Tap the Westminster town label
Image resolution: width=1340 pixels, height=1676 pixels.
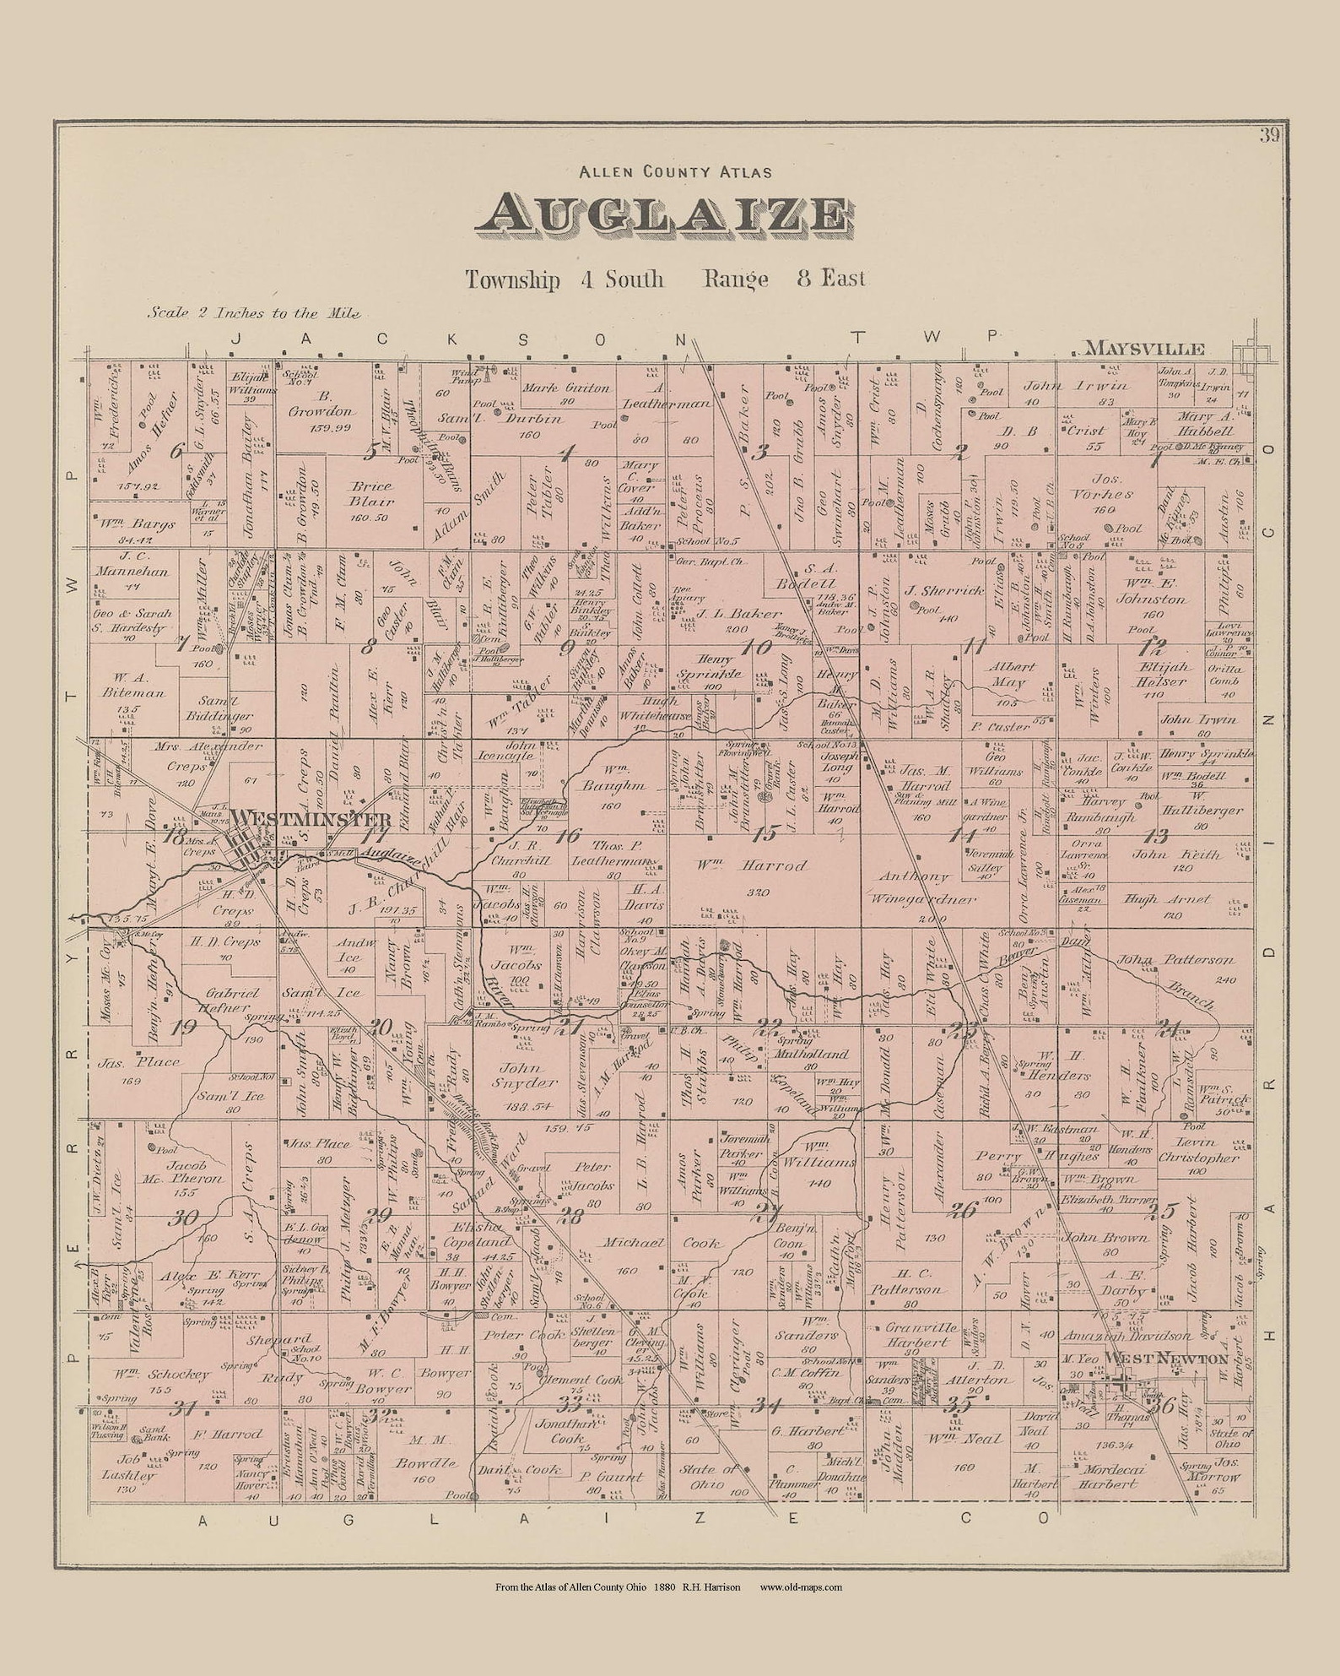pyautogui.click(x=311, y=819)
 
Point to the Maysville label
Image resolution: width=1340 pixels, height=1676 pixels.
pyautogui.click(x=1144, y=348)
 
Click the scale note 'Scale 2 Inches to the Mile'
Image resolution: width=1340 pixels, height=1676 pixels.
pyautogui.click(x=254, y=312)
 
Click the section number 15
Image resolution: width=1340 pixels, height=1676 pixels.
pyautogui.click(x=765, y=833)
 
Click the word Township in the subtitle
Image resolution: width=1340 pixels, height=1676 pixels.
pyautogui.click(x=512, y=279)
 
